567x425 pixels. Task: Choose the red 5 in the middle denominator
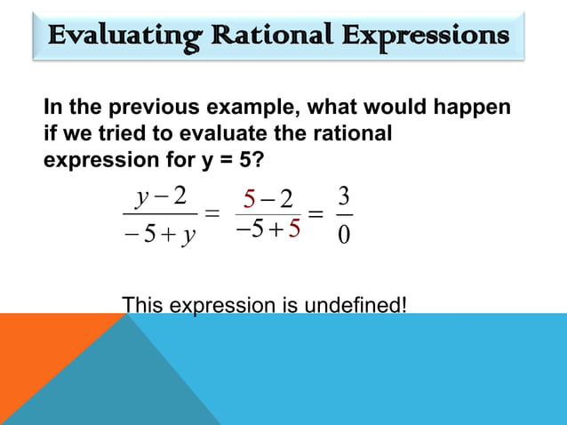(x=293, y=229)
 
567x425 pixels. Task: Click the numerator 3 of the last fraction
(x=345, y=194)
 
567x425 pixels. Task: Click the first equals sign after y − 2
(x=212, y=216)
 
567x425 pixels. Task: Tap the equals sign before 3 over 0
(x=316, y=216)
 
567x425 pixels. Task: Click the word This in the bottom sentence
(x=140, y=305)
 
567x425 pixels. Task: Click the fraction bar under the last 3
(x=345, y=214)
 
